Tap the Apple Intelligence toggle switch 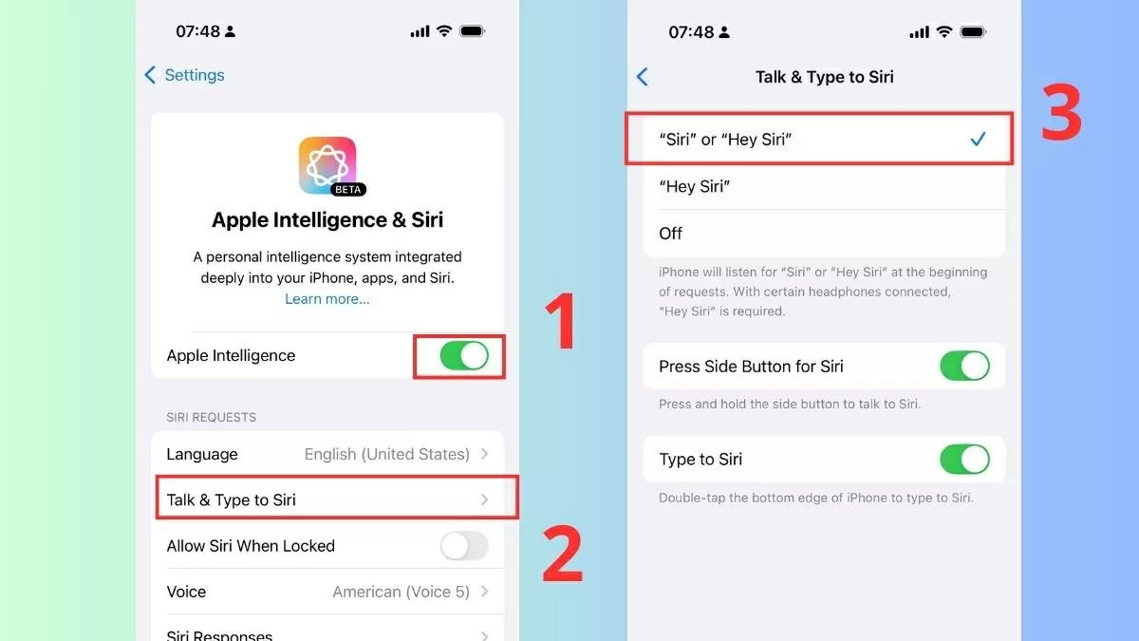coord(464,356)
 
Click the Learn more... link coord(327,299)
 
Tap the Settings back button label coord(194,75)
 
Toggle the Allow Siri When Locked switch coord(464,546)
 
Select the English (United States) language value coord(386,454)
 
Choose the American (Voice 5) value coord(401,592)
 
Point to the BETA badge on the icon coord(349,189)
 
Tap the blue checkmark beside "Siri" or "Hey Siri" coord(978,140)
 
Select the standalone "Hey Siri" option coord(694,186)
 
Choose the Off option coord(670,234)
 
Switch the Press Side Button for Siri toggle coord(964,367)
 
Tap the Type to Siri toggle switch coord(964,460)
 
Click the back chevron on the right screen coord(643,77)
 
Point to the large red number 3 coord(1061,114)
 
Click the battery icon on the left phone coord(472,31)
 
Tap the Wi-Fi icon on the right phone coord(943,31)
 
